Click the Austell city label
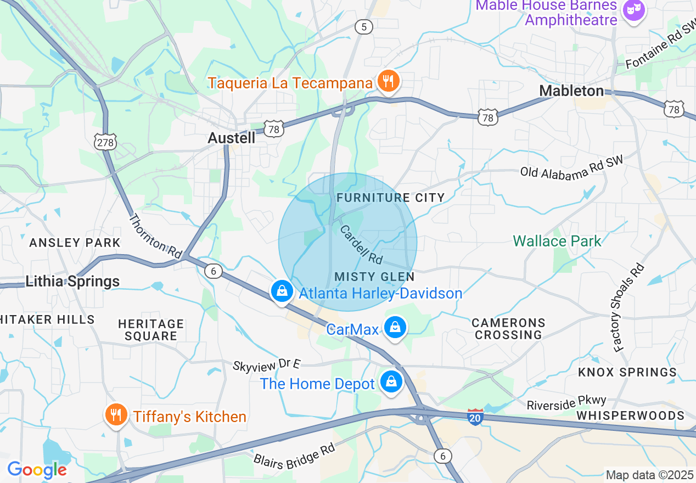click(231, 138)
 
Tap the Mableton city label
click(571, 91)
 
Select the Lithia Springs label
click(72, 282)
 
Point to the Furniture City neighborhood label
click(390, 198)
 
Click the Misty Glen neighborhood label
click(374, 276)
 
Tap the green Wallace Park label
click(557, 241)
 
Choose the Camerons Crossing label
click(508, 329)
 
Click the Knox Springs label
click(627, 372)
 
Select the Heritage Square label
click(151, 330)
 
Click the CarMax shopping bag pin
click(394, 328)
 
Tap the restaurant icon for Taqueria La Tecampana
click(389, 81)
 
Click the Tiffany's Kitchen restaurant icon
click(115, 414)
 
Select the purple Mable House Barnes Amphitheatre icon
click(634, 10)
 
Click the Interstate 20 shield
click(476, 417)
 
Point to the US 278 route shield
click(105, 142)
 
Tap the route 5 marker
click(364, 26)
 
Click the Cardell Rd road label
click(361, 244)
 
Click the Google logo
click(37, 470)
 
